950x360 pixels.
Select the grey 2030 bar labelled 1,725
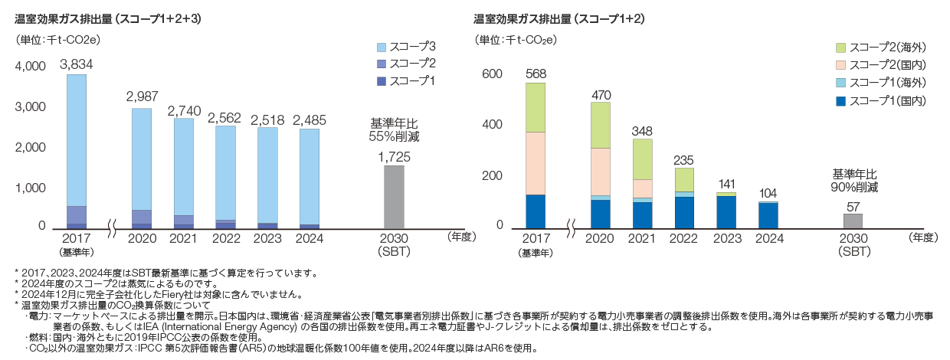click(x=394, y=197)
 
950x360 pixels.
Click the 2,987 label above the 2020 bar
click(x=142, y=97)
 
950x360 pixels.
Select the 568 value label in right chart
click(x=536, y=74)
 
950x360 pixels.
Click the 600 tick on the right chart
click(x=493, y=74)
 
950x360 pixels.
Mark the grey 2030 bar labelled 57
click(x=853, y=221)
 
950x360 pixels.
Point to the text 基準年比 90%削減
click(x=853, y=180)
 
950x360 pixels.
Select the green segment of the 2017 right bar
click(x=536, y=107)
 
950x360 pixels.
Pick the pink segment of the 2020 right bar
click(x=601, y=172)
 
